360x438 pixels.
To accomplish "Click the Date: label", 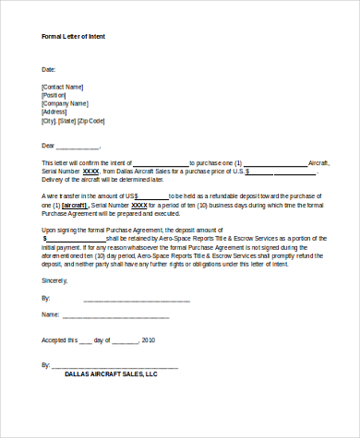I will (x=49, y=69).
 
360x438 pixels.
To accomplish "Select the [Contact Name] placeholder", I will (x=65, y=87).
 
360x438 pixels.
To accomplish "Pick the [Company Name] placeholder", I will (x=66, y=103).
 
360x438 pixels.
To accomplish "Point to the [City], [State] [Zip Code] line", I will (x=74, y=121).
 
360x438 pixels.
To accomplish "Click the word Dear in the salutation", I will (x=49, y=146).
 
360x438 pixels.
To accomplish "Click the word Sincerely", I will (x=54, y=278).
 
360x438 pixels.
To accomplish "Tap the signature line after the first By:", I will (x=137, y=300).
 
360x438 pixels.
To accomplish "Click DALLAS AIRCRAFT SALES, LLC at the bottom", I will (x=112, y=374).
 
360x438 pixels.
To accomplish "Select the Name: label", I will (x=51, y=314).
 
